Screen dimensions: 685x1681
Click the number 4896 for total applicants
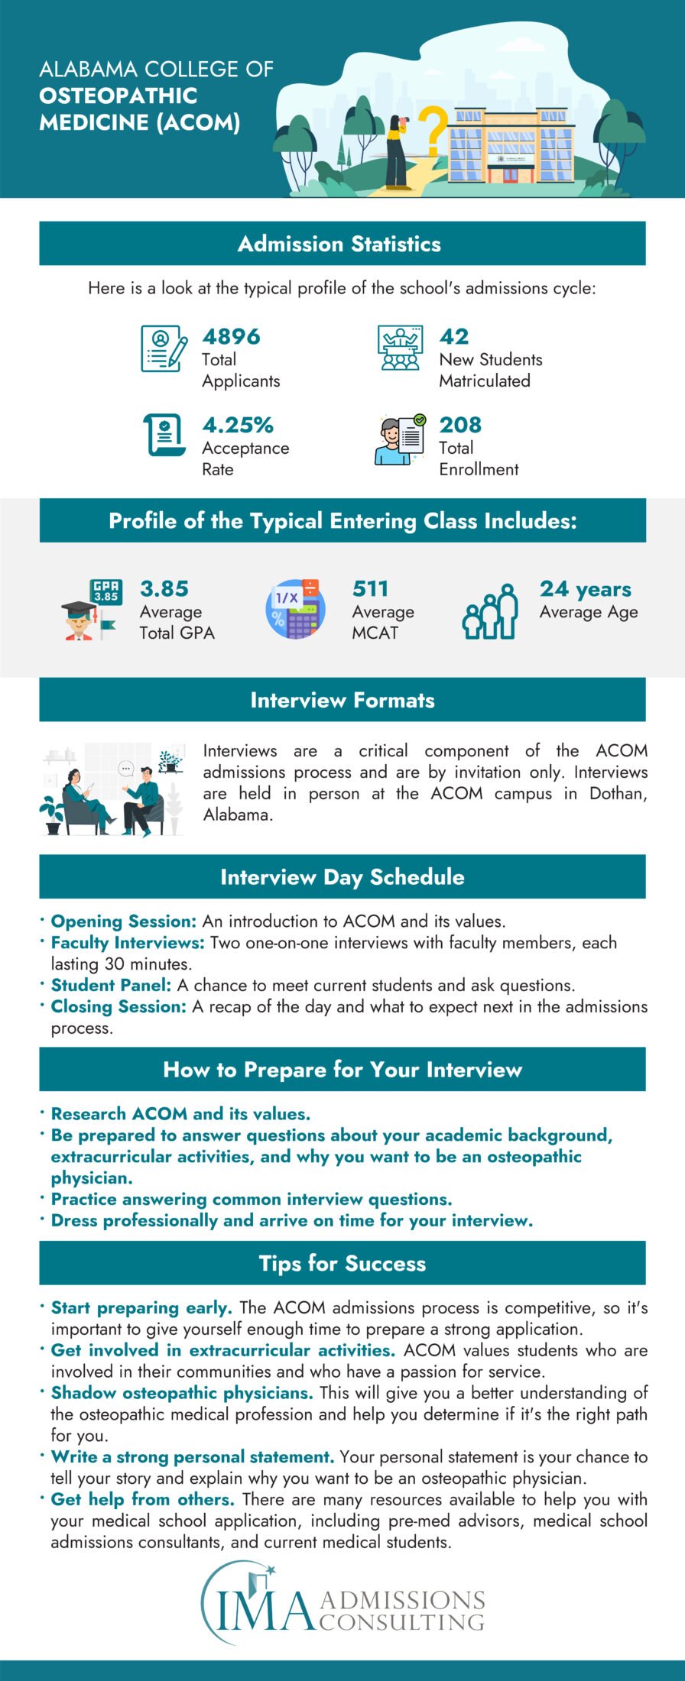pyautogui.click(x=231, y=336)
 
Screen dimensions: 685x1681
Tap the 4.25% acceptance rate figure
pyautogui.click(x=238, y=425)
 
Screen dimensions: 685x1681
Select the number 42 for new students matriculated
pyautogui.click(x=454, y=336)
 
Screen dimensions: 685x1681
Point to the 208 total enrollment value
pyautogui.click(x=460, y=425)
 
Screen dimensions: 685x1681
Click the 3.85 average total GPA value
pyautogui.click(x=164, y=588)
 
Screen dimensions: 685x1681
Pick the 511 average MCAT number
pyautogui.click(x=370, y=588)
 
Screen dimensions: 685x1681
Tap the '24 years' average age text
pyautogui.click(x=586, y=589)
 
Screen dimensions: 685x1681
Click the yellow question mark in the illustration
pyautogui.click(x=433, y=131)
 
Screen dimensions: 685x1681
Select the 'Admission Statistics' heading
pyautogui.click(x=339, y=244)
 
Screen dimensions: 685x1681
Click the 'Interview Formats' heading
pyautogui.click(x=342, y=700)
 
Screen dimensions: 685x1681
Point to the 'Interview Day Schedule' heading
pyautogui.click(x=342, y=876)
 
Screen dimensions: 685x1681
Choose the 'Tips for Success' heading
pyautogui.click(x=342, y=1263)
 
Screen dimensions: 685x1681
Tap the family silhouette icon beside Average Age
pyautogui.click(x=490, y=611)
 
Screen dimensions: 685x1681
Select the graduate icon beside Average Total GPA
pyautogui.click(x=90, y=610)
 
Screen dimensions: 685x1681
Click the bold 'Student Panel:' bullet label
pyautogui.click(x=111, y=985)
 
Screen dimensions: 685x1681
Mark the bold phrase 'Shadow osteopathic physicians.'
pyautogui.click(x=182, y=1392)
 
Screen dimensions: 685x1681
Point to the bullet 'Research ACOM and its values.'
pyautogui.click(x=180, y=1113)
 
